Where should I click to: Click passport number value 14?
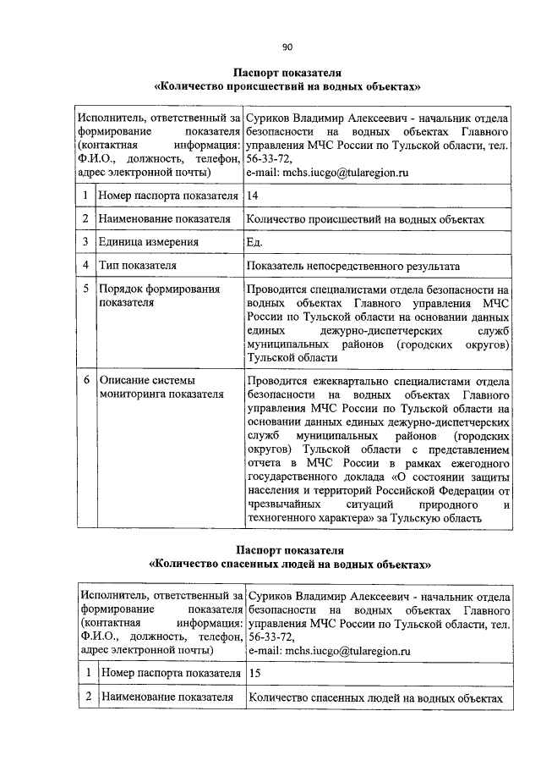tap(252, 196)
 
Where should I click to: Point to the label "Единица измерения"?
tap(148, 242)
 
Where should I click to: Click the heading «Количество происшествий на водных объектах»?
tap(287, 86)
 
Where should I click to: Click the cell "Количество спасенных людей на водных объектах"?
tap(375, 698)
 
